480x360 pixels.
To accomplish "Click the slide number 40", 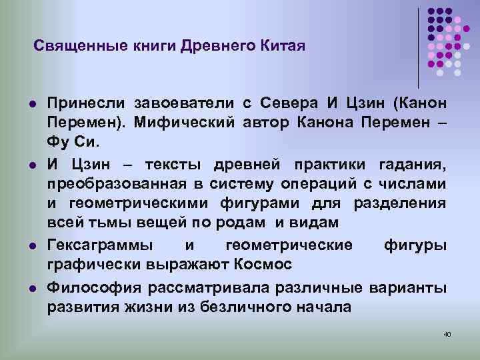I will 447,333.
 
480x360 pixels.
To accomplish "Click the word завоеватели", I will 184,103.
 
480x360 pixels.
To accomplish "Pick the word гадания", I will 419,164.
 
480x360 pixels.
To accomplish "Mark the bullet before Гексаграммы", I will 33,245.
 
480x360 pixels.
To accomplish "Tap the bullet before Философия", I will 33,288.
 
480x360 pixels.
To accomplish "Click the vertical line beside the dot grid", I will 419,47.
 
